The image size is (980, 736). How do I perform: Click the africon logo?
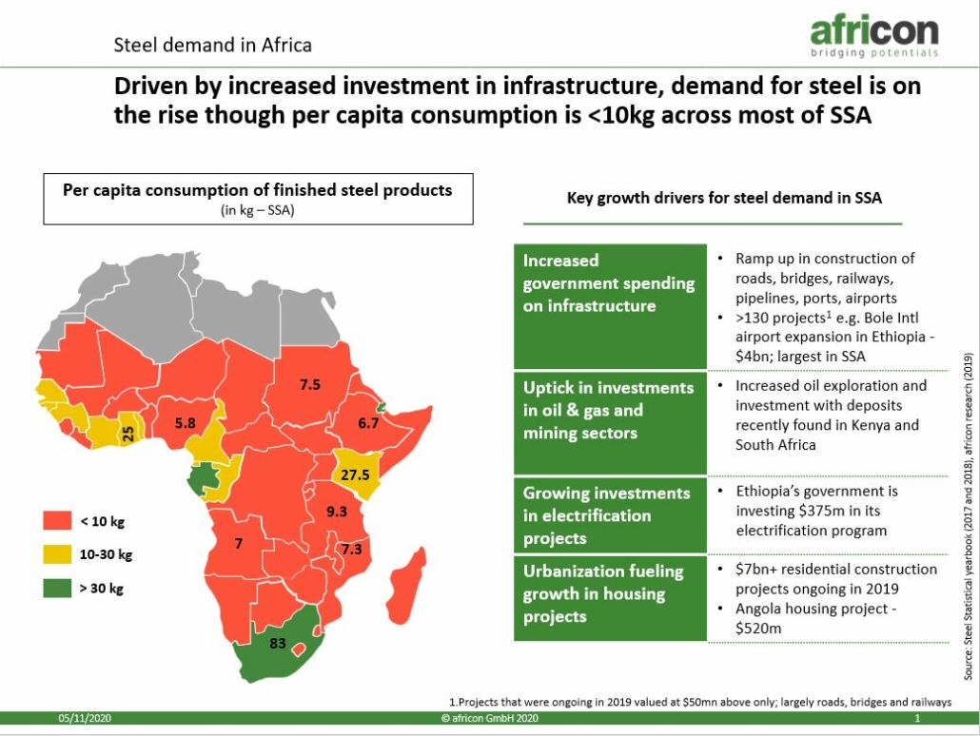tap(874, 36)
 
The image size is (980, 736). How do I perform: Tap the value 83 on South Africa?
tap(278, 643)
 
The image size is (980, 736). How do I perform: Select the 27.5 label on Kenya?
tap(355, 475)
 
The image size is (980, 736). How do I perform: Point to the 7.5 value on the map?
tap(310, 384)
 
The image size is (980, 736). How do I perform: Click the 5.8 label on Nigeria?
tap(185, 423)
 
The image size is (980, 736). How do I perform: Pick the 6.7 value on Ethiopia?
tap(368, 423)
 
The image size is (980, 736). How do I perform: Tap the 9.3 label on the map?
tap(336, 511)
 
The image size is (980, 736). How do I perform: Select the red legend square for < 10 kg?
tap(57, 520)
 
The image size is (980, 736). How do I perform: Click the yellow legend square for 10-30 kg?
tap(57, 554)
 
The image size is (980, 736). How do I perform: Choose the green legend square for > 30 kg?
tap(57, 588)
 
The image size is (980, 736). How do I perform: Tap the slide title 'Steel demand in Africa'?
tap(212, 45)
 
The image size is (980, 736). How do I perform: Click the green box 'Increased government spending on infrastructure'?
tap(610, 306)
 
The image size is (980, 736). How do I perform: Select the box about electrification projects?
tap(610, 515)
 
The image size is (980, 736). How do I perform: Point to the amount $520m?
tap(758, 629)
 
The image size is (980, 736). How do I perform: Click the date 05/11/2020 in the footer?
tap(85, 719)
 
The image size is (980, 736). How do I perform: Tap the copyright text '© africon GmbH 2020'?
tap(489, 719)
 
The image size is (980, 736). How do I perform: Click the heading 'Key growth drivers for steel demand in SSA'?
tap(724, 198)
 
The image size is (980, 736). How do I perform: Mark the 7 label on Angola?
tap(238, 544)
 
